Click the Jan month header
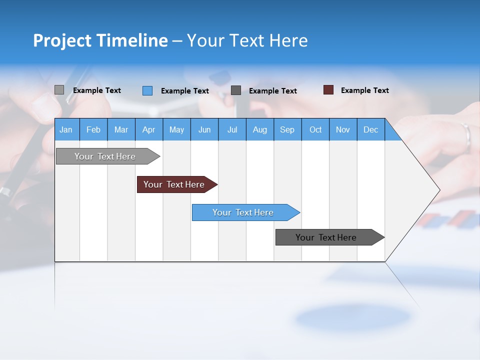coord(66,129)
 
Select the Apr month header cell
coord(148,129)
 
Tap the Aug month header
coord(259,129)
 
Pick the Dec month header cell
coord(370,129)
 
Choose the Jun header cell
coord(204,129)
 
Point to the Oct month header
coord(315,129)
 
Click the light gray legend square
coord(59,90)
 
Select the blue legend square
coord(147,90)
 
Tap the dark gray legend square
coord(236,90)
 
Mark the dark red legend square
coord(328,90)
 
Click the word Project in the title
coord(62,40)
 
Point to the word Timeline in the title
coord(132,40)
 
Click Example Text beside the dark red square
coord(364,90)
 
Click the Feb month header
coord(93,129)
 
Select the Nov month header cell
coord(342,129)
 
